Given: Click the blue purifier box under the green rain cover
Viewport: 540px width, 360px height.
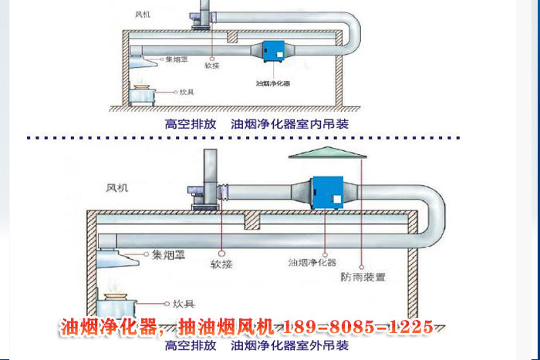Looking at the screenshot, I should (x=327, y=193).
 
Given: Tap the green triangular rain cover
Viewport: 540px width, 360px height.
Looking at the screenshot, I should (x=327, y=155).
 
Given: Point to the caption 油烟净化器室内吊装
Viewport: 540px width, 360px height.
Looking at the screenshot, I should (x=290, y=123).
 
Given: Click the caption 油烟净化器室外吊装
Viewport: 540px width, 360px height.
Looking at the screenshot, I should (x=290, y=346).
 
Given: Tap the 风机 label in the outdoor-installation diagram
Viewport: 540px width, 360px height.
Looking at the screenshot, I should (x=118, y=187).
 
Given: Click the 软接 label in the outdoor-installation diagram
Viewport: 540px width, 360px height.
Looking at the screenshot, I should (x=222, y=264).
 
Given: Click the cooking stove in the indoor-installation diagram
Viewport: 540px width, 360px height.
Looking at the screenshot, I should (x=141, y=93).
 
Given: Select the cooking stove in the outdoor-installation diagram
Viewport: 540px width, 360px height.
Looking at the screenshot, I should (x=116, y=303).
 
